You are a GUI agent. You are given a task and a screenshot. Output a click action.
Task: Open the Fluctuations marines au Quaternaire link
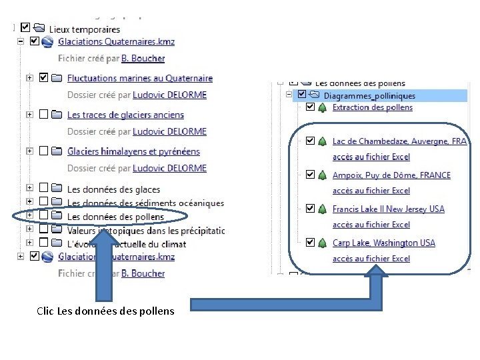coord(140,79)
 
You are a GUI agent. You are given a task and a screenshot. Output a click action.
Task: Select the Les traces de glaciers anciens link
coord(125,115)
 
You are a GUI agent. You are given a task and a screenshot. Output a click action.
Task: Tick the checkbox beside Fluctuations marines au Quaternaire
coord(44,78)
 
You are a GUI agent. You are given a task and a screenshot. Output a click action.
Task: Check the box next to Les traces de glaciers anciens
coord(44,115)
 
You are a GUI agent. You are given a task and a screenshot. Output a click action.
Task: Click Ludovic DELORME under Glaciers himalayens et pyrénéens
coord(169,169)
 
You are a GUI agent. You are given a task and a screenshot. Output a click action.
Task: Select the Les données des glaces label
coord(113,190)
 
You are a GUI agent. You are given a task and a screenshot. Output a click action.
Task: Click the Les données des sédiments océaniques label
coord(145,203)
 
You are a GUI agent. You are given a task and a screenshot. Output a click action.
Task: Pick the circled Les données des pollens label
coord(115,217)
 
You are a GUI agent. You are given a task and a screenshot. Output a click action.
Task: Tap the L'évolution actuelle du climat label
coord(127,243)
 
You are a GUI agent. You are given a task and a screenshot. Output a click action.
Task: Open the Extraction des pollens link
coord(373,107)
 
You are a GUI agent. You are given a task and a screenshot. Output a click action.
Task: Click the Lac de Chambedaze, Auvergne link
coord(399,141)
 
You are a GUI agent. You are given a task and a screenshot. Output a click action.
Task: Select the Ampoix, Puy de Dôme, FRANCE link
coord(391,175)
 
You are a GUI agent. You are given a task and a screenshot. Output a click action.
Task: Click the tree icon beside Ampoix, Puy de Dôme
coord(322,175)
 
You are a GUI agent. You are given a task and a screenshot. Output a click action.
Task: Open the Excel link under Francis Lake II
coord(371,225)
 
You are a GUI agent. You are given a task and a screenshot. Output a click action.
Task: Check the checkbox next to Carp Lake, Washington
coord(310,243)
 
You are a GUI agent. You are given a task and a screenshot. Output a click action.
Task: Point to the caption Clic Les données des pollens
coord(105,311)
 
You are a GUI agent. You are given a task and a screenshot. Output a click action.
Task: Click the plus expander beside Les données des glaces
coord(29,189)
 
